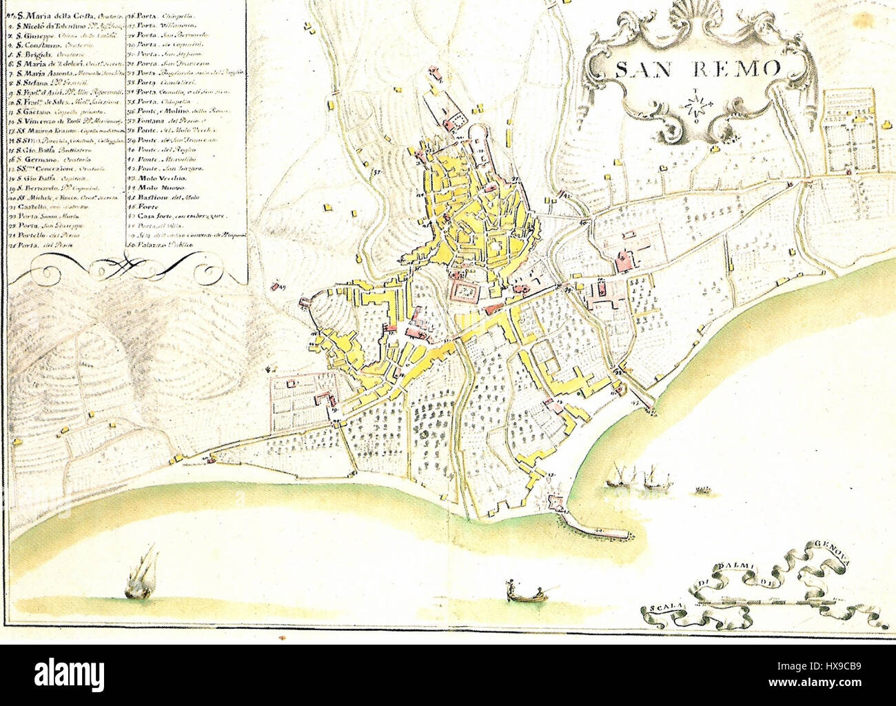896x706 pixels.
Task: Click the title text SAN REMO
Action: (698, 68)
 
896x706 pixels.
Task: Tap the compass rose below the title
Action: (696, 105)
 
